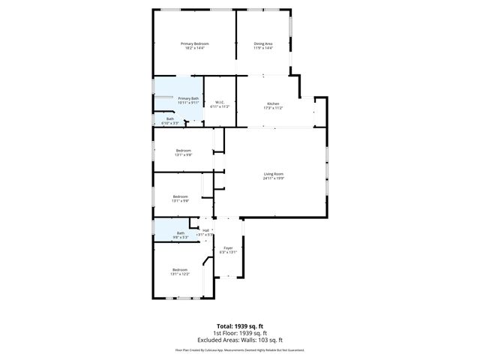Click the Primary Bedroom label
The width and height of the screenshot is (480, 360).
click(195, 43)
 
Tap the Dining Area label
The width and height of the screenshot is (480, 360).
click(262, 43)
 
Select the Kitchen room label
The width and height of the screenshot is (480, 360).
click(274, 103)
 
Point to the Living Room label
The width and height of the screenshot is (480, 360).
click(274, 174)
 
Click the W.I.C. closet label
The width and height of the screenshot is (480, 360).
click(220, 102)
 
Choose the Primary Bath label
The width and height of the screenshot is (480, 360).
click(188, 98)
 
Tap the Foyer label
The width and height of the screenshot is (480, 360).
click(228, 247)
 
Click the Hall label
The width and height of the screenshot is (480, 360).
click(205, 230)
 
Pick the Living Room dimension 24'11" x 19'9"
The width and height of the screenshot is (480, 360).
click(274, 178)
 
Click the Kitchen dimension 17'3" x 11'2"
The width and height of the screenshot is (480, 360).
click(274, 108)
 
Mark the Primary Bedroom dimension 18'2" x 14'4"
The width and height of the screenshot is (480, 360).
click(195, 48)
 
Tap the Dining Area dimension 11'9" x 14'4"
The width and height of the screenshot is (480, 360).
click(262, 48)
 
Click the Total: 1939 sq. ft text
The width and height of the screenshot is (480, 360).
click(240, 325)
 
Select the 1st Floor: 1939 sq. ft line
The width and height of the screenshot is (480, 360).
click(240, 332)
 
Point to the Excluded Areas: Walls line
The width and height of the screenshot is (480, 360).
click(240, 339)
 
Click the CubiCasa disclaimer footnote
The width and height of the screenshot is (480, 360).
click(240, 349)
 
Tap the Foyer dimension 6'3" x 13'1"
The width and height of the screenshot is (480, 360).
click(228, 252)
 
